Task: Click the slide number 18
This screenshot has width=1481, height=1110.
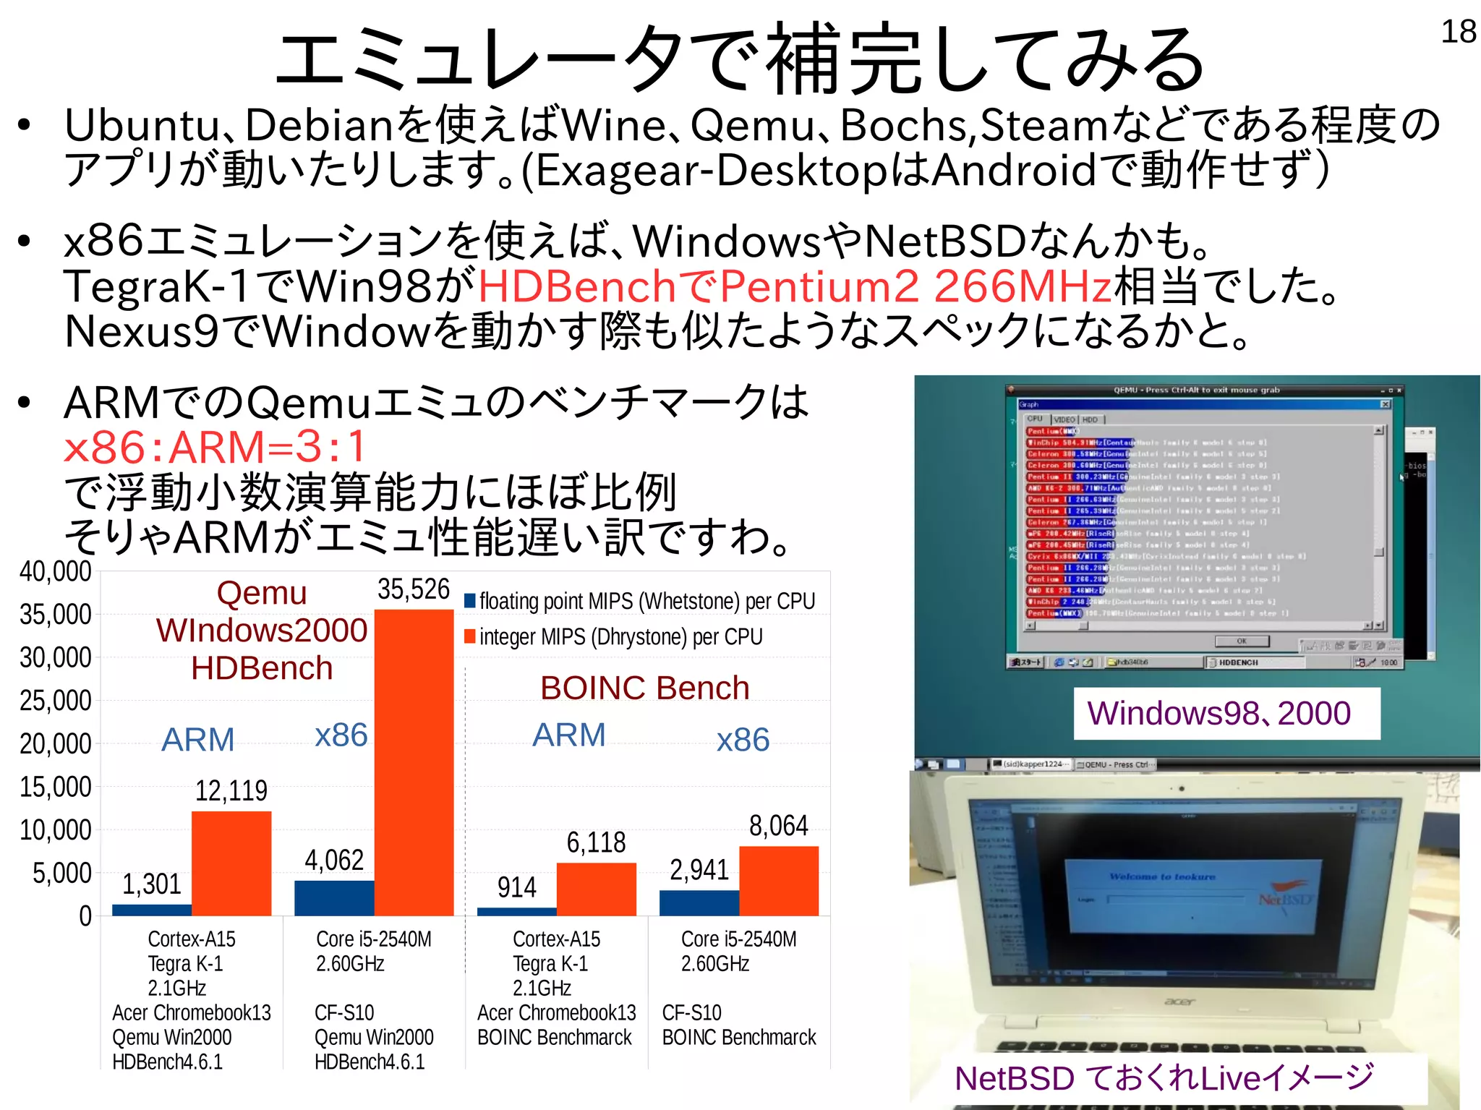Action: pyautogui.click(x=1458, y=32)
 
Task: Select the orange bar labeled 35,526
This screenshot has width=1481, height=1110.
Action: pyautogui.click(x=414, y=762)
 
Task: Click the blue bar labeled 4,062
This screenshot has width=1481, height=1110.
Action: pyautogui.click(x=334, y=897)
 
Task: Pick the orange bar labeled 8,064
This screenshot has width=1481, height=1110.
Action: pyautogui.click(x=779, y=880)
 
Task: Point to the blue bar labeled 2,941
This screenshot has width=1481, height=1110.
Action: pyautogui.click(x=699, y=902)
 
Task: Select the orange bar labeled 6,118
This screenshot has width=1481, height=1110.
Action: pyautogui.click(x=596, y=889)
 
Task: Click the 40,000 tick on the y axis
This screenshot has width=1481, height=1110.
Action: pyautogui.click(x=56, y=571)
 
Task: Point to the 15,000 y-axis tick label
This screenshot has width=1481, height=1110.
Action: pyautogui.click(x=56, y=787)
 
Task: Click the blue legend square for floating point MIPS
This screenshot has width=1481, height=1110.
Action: pyautogui.click(x=470, y=600)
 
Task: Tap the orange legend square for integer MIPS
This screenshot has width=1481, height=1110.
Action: pyautogui.click(x=470, y=636)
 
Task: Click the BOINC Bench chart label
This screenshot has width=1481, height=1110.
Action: pyautogui.click(x=644, y=688)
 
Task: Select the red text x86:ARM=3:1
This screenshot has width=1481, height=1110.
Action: pyautogui.click(x=215, y=447)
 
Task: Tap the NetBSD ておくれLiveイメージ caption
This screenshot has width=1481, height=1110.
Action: pyautogui.click(x=1164, y=1078)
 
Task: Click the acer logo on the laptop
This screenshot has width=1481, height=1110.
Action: pyautogui.click(x=1180, y=1002)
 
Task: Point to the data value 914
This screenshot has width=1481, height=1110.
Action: pyautogui.click(x=516, y=887)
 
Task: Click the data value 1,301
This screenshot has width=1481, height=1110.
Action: pyautogui.click(x=151, y=884)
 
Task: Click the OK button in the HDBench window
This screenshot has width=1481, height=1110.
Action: pyautogui.click(x=1242, y=641)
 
